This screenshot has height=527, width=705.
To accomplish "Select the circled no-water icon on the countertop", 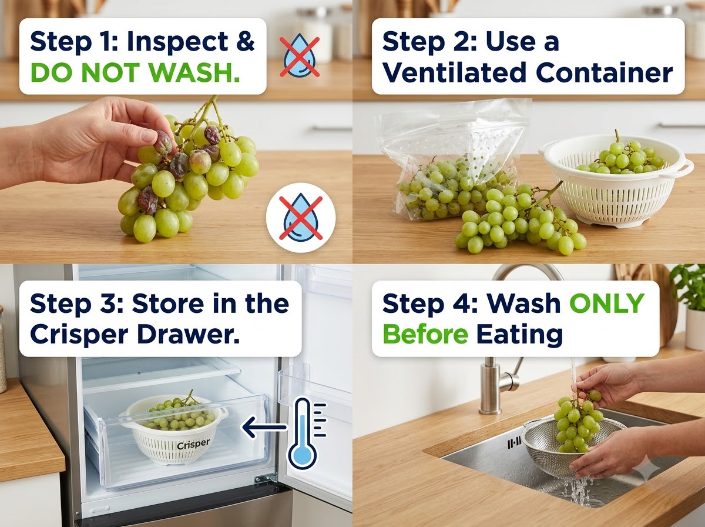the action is pos(301,218).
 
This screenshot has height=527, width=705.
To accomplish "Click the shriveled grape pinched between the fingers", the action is pos(163,143).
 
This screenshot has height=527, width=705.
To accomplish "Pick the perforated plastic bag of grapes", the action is pos(453,161).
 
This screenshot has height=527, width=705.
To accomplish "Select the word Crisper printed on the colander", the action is pos(193,444).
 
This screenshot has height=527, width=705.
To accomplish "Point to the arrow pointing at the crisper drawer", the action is pos(264,428).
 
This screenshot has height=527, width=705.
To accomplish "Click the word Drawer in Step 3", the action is pos(188,335).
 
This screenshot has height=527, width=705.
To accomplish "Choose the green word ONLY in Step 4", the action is pos(607,303).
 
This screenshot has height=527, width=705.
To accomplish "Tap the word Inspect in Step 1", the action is pos(178,42).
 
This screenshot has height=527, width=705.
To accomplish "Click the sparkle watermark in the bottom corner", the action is pos(646,469).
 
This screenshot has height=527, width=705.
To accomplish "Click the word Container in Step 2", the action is pos(604,73).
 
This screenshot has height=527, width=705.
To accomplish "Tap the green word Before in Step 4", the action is pos(425,335).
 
